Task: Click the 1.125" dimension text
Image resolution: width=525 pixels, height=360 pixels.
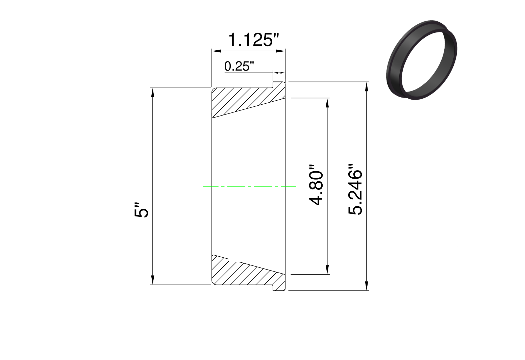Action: pyautogui.click(x=253, y=40)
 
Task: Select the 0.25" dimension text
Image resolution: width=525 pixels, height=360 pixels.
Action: pyautogui.click(x=239, y=66)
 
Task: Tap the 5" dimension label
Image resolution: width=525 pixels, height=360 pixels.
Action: pyautogui.click(x=142, y=210)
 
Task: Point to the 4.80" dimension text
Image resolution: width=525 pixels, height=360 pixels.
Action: pyautogui.click(x=316, y=185)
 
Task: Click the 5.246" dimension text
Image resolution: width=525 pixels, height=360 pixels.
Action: pyautogui.click(x=355, y=189)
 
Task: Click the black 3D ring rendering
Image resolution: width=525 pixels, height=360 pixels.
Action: pyautogui.click(x=421, y=60)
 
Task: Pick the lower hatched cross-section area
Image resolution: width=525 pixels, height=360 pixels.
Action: pyautogui.click(x=248, y=273)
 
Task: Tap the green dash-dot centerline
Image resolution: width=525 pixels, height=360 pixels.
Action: pyautogui.click(x=249, y=186)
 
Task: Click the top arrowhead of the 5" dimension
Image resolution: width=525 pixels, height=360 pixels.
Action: pyautogui.click(x=153, y=92)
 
